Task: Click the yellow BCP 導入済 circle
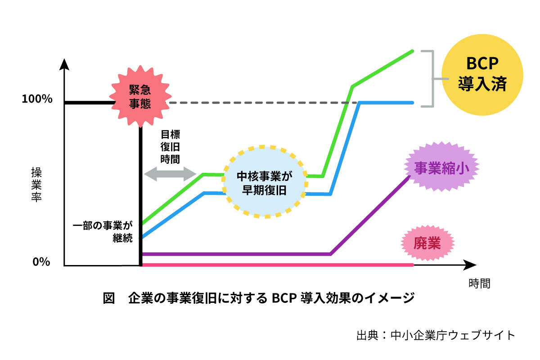tap(482, 75)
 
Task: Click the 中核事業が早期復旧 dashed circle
tap(265, 182)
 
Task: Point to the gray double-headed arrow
tap(169, 174)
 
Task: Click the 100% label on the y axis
tap(37, 99)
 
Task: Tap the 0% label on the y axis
tap(41, 262)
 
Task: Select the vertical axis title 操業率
tap(36, 184)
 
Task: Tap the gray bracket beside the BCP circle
tap(430, 79)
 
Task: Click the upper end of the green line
tap(412, 51)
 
